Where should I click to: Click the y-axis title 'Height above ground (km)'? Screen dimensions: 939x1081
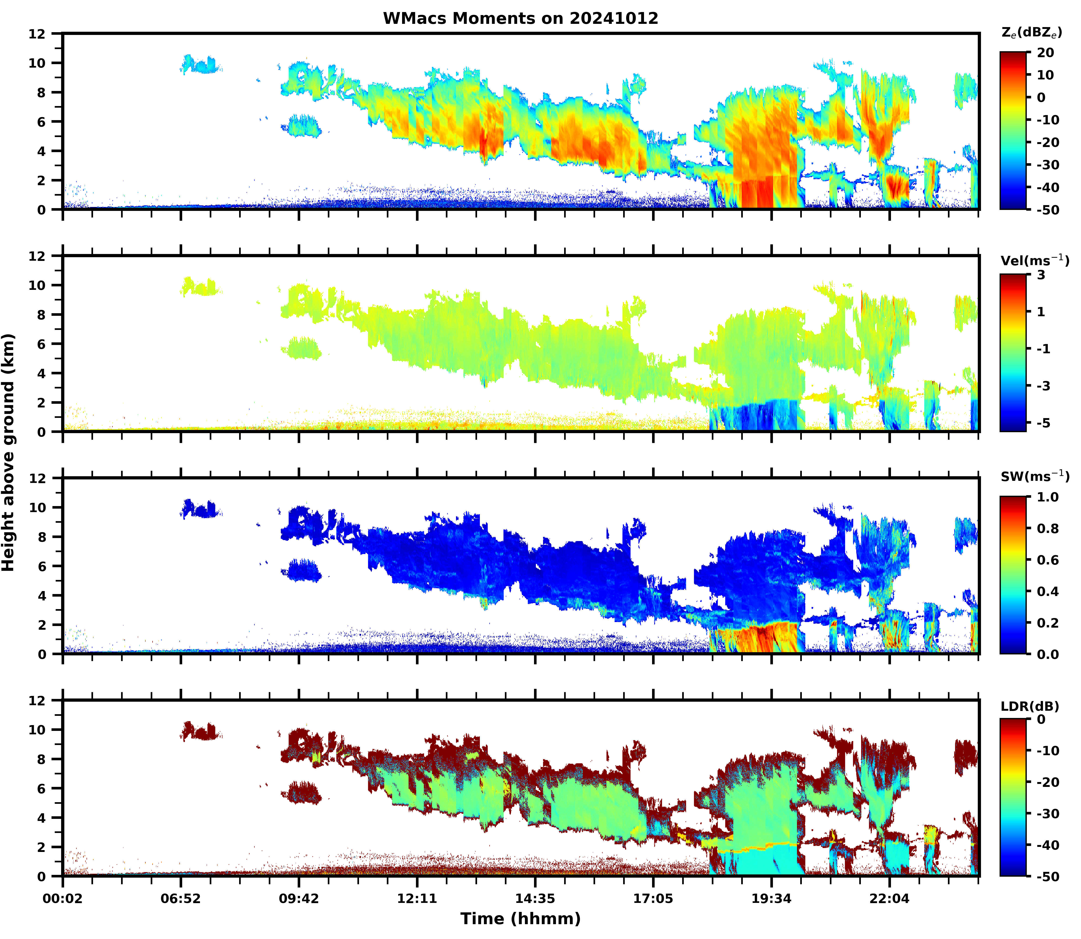(8, 452)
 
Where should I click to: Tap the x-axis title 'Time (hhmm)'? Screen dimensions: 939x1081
(520, 919)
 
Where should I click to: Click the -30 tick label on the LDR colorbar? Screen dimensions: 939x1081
(1047, 814)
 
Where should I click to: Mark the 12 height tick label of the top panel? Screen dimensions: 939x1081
(37, 34)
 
